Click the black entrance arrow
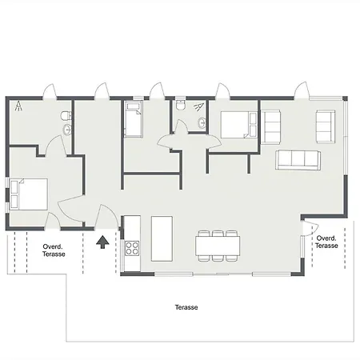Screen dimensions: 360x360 click(x=102, y=242)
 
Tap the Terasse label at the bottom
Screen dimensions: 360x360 click(x=186, y=307)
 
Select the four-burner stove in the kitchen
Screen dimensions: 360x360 click(x=132, y=248)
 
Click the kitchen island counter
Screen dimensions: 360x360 click(x=162, y=238)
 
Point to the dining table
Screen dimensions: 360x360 click(x=218, y=246)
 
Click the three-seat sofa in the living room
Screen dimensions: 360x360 click(x=298, y=160)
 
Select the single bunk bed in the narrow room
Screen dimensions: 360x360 click(x=134, y=120)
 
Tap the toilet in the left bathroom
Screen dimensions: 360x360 click(x=66, y=116)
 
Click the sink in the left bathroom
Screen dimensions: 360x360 click(x=67, y=130)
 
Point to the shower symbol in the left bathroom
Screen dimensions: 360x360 click(x=18, y=106)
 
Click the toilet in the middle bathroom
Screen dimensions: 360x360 click(x=181, y=105)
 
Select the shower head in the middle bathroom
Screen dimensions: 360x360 click(x=198, y=107)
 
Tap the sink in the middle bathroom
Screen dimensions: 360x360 click(x=202, y=122)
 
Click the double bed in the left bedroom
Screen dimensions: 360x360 click(x=29, y=194)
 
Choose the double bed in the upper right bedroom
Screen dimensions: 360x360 click(x=239, y=125)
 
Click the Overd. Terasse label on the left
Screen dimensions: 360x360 click(x=54, y=250)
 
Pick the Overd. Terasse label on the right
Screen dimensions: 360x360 click(x=326, y=242)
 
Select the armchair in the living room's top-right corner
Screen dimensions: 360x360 click(x=326, y=126)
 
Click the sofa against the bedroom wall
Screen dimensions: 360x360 click(x=270, y=127)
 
